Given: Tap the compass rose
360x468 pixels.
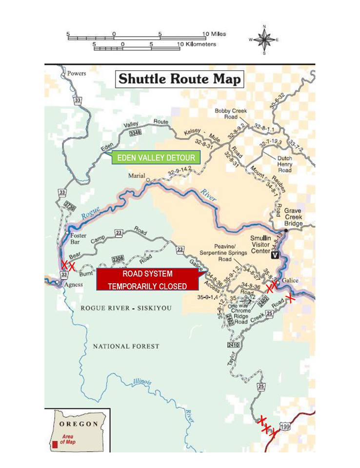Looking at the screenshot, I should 264,39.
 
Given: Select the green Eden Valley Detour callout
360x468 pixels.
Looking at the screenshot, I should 157,158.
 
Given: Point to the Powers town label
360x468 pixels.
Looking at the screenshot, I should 77,74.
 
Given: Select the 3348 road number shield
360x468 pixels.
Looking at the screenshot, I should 135,132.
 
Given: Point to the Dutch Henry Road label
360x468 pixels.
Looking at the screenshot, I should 284,164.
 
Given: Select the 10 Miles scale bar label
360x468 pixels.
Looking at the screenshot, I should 215,34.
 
